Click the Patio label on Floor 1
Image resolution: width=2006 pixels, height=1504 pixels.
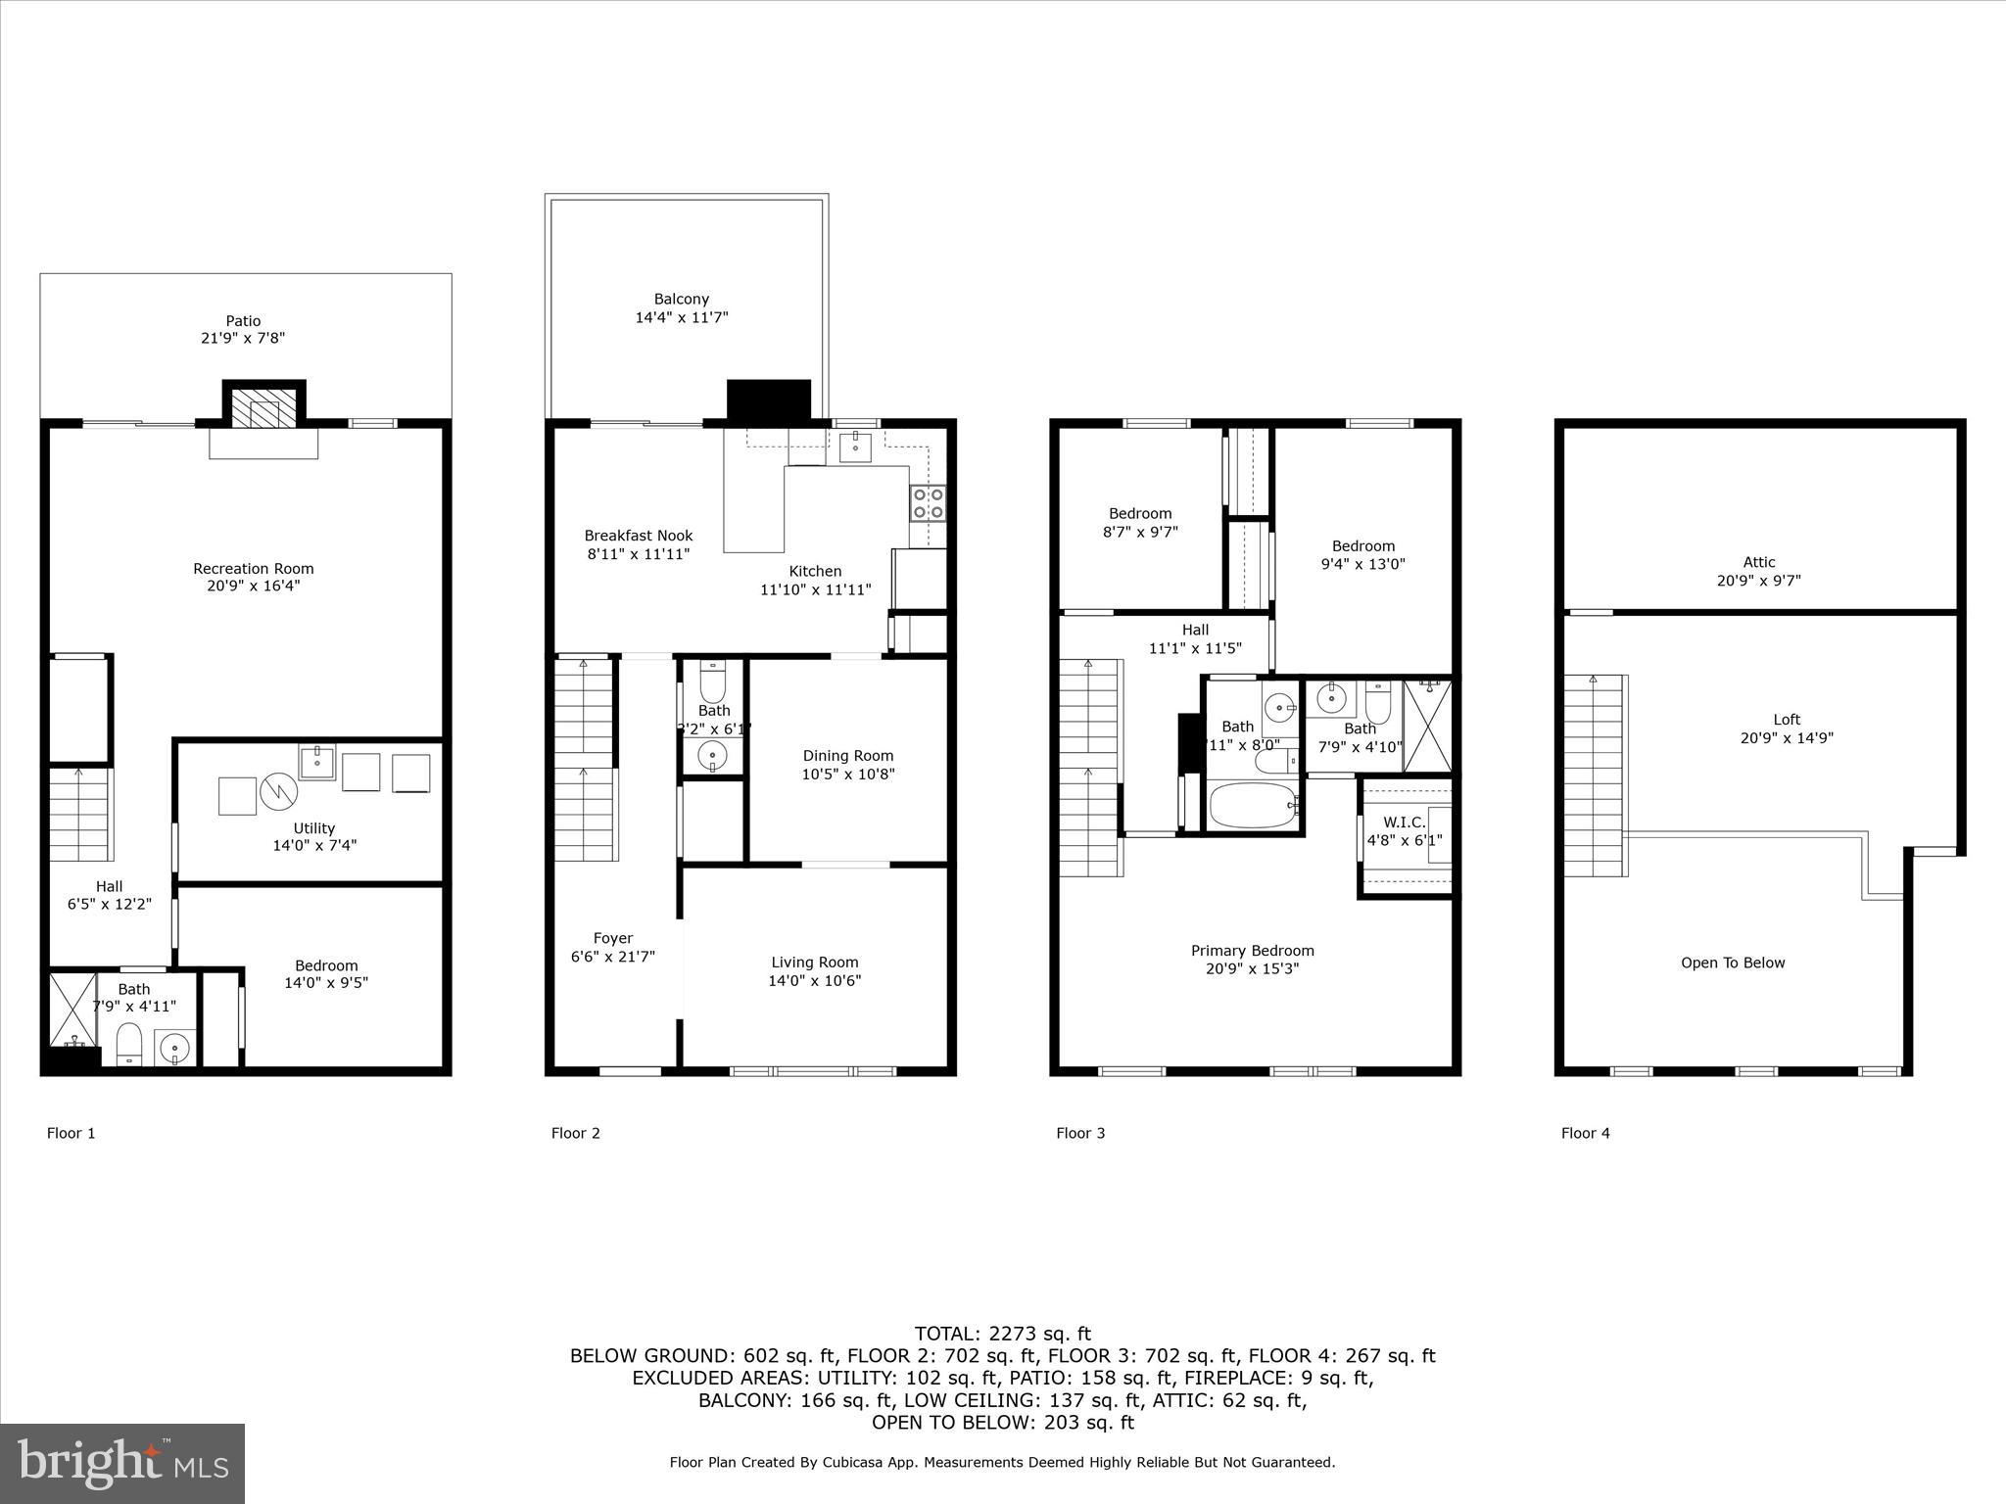pyautogui.click(x=244, y=320)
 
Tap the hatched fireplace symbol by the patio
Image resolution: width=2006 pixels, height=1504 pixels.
pyautogui.click(x=264, y=412)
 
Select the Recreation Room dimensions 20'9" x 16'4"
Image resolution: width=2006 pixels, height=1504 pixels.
pyautogui.click(x=253, y=587)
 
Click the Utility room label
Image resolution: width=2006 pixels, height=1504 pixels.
pyautogui.click(x=313, y=828)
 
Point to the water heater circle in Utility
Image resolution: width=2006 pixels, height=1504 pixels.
pyautogui.click(x=277, y=794)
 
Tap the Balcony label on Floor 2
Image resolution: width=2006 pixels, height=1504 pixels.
pyautogui.click(x=682, y=299)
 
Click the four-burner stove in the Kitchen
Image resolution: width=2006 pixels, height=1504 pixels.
pyautogui.click(x=928, y=503)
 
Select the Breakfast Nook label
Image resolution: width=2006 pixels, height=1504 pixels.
pyautogui.click(x=639, y=536)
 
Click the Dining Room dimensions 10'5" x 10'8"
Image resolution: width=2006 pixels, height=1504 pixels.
pyautogui.click(x=848, y=775)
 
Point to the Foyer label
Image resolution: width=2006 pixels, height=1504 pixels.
pyautogui.click(x=613, y=938)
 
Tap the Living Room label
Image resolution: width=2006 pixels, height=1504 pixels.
pyautogui.click(x=815, y=963)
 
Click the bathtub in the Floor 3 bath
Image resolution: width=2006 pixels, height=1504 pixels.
pyautogui.click(x=1253, y=805)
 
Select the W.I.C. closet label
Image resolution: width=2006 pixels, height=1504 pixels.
pyautogui.click(x=1405, y=822)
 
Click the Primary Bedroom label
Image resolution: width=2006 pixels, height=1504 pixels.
pyautogui.click(x=1253, y=951)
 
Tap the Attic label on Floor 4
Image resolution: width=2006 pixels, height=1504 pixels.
pyautogui.click(x=1759, y=562)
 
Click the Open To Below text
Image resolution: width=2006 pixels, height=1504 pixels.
pyautogui.click(x=1733, y=963)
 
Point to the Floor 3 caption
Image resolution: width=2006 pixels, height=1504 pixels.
pyautogui.click(x=1080, y=1133)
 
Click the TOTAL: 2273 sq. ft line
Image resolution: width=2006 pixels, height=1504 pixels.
pyautogui.click(x=1002, y=1334)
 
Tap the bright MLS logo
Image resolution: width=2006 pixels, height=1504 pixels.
pyautogui.click(x=122, y=1463)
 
